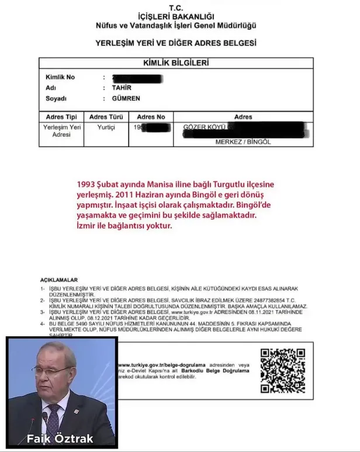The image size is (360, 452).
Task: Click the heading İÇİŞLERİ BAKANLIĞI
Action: point(175,16)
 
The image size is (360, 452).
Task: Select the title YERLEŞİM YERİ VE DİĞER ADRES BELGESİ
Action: point(175,43)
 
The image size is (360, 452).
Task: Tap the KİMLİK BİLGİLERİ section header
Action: point(175,63)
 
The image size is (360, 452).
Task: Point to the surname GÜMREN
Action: point(126,98)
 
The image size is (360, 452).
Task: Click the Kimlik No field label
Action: point(60,77)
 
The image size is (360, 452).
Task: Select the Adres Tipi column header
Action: point(60,117)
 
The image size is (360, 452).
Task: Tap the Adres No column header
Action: point(150,117)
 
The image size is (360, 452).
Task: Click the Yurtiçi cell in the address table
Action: point(106,127)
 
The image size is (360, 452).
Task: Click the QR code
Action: point(282,371)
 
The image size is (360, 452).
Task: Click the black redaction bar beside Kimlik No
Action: point(140,77)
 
